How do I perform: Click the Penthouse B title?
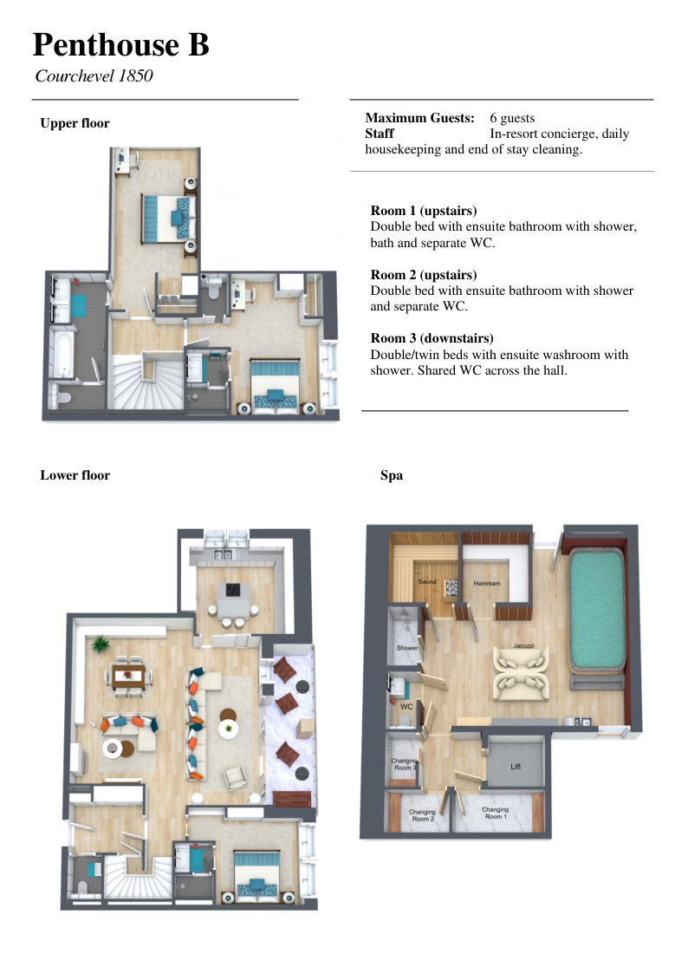(x=121, y=45)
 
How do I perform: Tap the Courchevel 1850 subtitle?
(x=94, y=75)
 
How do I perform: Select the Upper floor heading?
(x=75, y=123)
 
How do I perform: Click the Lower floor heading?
(x=75, y=475)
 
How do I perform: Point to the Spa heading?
(x=392, y=476)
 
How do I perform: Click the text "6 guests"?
(x=512, y=118)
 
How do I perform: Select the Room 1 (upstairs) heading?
(x=424, y=211)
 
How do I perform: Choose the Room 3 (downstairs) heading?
(x=432, y=338)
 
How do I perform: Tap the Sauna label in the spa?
(x=427, y=581)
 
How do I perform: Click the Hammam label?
(x=486, y=584)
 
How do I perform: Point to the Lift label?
(x=516, y=767)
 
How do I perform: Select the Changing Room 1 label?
(x=495, y=814)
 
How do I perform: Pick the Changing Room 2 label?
(x=422, y=815)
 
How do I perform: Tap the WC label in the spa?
(x=406, y=706)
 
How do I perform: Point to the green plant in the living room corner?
(x=101, y=644)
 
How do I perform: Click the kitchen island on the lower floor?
(x=232, y=598)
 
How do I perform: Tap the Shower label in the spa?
(x=407, y=648)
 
